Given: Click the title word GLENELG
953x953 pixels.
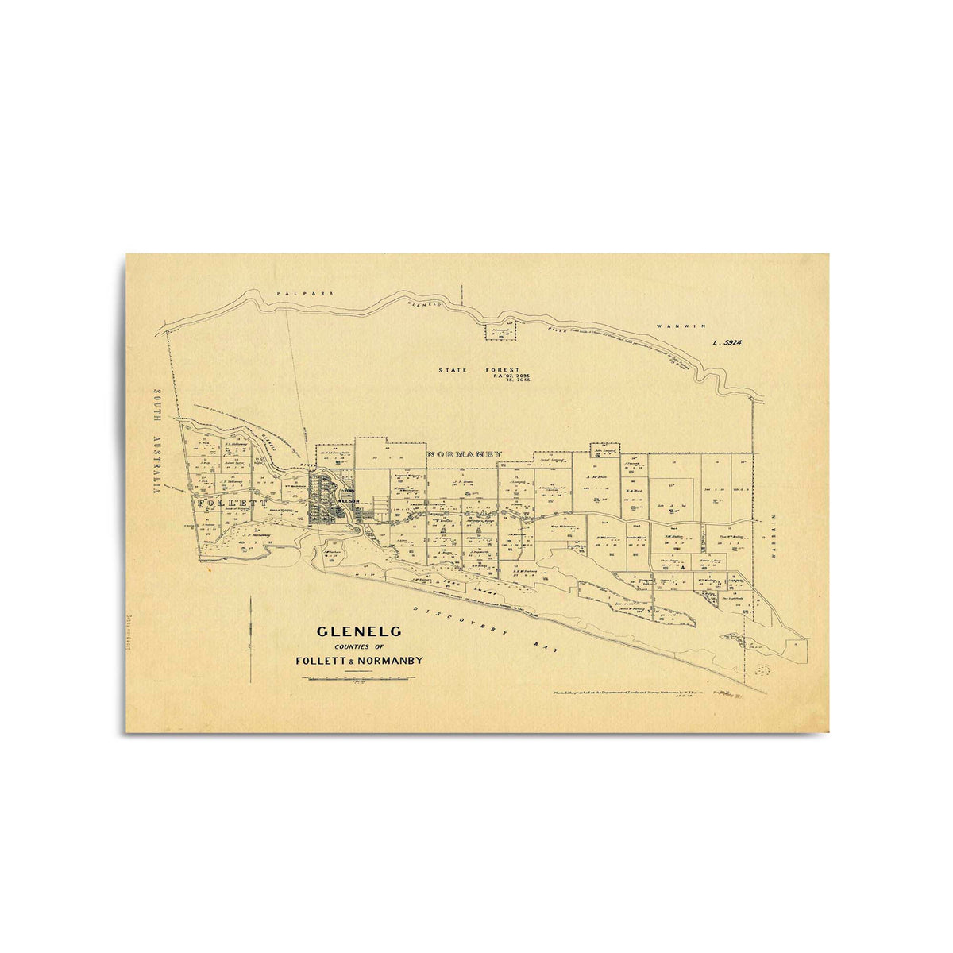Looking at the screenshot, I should click(359, 632).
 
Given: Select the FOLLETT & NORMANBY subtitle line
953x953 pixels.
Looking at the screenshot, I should click(359, 661).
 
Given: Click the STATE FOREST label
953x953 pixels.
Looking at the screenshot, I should click(479, 370).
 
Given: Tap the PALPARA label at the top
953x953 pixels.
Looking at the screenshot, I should click(291, 294).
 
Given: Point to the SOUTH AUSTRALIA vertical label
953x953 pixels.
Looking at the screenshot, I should click(157, 442).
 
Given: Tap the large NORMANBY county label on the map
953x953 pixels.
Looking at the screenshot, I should click(465, 454).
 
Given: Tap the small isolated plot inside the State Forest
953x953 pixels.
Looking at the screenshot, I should click(500, 331).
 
